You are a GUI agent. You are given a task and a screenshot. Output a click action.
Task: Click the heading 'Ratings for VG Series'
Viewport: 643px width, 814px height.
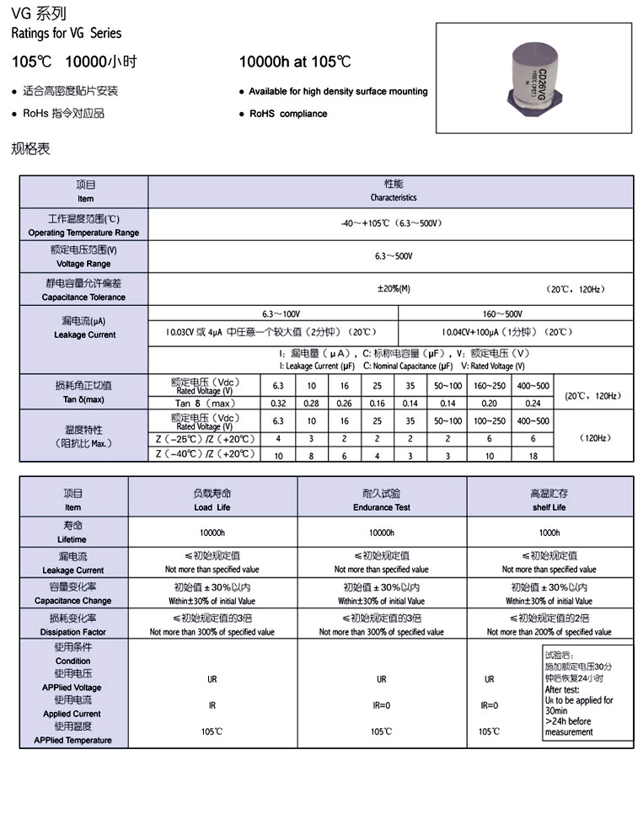tap(67, 34)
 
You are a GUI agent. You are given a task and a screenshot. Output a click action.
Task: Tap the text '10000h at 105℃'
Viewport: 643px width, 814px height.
tap(295, 62)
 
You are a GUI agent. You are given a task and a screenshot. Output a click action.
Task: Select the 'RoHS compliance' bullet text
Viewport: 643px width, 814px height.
tap(287, 114)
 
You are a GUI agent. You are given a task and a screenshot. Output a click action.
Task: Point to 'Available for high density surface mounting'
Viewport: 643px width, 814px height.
tap(338, 91)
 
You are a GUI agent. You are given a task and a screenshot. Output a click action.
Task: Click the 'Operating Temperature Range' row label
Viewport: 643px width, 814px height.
tap(83, 233)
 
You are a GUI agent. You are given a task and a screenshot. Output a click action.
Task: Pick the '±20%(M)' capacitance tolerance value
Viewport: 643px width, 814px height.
tap(394, 289)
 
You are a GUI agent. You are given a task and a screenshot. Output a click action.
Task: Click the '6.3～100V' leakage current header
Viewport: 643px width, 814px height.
tap(272, 313)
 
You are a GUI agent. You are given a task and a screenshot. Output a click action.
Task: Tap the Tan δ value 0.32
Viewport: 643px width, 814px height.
tap(278, 403)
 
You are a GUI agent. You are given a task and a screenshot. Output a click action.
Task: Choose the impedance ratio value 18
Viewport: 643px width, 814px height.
tap(533, 455)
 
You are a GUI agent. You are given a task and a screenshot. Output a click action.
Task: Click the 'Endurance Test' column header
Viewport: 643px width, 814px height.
tap(382, 507)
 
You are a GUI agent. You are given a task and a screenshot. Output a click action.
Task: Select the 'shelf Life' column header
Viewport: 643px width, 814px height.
tap(549, 507)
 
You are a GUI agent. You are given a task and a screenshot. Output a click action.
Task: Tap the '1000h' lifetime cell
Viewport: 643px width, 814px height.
tap(549, 533)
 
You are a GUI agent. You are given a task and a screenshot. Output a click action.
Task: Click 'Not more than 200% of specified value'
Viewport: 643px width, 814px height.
tap(549, 632)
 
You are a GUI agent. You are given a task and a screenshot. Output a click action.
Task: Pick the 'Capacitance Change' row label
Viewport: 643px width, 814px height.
tap(73, 601)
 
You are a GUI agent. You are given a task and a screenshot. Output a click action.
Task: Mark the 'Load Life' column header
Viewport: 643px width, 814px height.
tap(212, 507)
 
